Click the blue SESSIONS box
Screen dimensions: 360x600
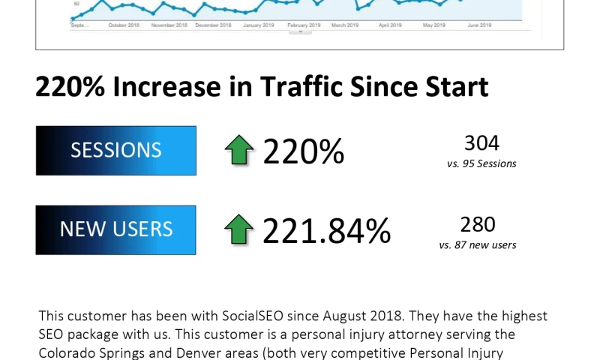coord(115,151)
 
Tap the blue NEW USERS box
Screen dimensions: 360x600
coord(115,229)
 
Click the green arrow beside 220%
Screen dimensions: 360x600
coord(239,151)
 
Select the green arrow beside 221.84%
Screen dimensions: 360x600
coord(239,229)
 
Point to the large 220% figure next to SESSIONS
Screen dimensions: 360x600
coord(304,152)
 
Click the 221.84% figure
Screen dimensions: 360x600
coord(327,231)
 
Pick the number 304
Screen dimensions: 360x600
coord(481,142)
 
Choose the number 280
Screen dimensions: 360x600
coord(478,224)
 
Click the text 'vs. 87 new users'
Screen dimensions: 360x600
coord(478,244)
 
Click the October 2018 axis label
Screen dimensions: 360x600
coord(124,25)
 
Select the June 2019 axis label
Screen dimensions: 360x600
coord(479,25)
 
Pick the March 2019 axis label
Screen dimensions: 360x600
coord(345,25)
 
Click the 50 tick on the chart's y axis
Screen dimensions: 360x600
coord(75,13)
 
